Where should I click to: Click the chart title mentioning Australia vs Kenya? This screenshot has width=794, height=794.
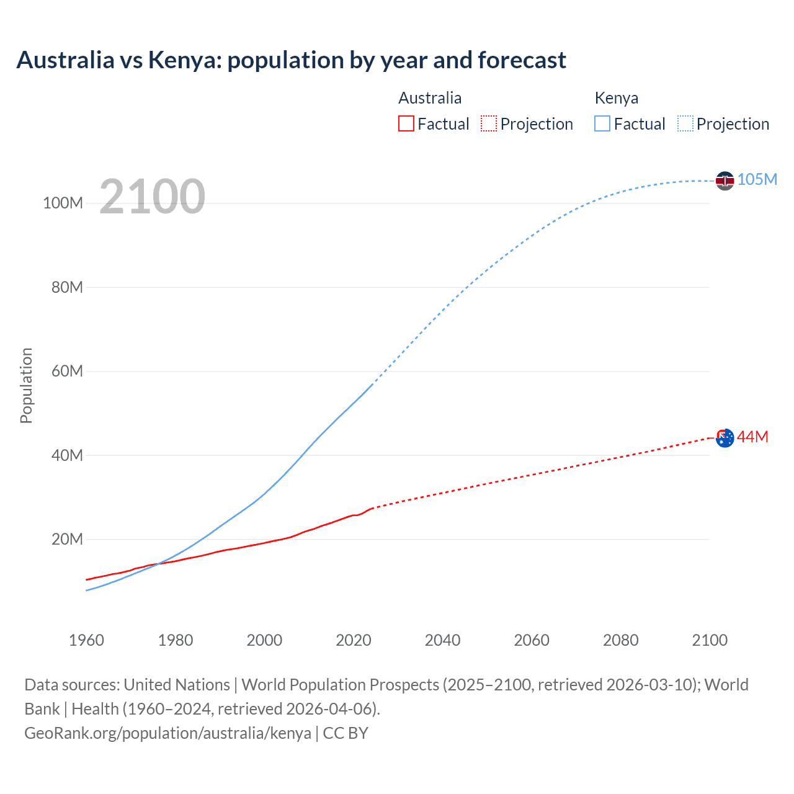pyautogui.click(x=291, y=60)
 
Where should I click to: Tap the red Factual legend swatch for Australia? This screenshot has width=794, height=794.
pyautogui.click(x=406, y=123)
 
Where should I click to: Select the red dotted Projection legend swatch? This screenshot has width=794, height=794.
pyautogui.click(x=489, y=123)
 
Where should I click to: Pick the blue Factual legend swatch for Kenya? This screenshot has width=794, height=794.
pyautogui.click(x=602, y=123)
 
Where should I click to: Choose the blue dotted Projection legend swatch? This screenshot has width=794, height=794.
pyautogui.click(x=685, y=123)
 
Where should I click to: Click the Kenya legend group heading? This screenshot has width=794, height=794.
pyautogui.click(x=616, y=98)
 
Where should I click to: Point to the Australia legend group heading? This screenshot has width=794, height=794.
pyautogui.click(x=429, y=98)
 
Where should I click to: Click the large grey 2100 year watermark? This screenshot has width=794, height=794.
pyautogui.click(x=152, y=196)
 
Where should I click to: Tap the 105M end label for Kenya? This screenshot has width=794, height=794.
pyautogui.click(x=757, y=179)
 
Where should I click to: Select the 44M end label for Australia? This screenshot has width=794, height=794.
pyautogui.click(x=752, y=437)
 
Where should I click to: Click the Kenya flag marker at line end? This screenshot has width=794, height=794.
pyautogui.click(x=725, y=181)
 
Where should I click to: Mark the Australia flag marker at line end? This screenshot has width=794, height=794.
pyautogui.click(x=725, y=437)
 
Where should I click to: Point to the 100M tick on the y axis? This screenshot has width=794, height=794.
pyautogui.click(x=63, y=203)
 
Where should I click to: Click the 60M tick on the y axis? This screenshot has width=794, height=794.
pyautogui.click(x=66, y=371)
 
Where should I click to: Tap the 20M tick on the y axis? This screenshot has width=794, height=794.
pyautogui.click(x=66, y=539)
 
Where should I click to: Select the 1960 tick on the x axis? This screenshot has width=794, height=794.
pyautogui.click(x=86, y=640)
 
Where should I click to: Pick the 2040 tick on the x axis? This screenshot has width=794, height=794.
pyautogui.click(x=442, y=640)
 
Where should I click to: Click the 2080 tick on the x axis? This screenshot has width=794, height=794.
pyautogui.click(x=620, y=640)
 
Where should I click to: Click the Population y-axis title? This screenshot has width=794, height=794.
pyautogui.click(x=26, y=385)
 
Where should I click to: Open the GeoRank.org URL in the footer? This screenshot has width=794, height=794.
pyautogui.click(x=167, y=733)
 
